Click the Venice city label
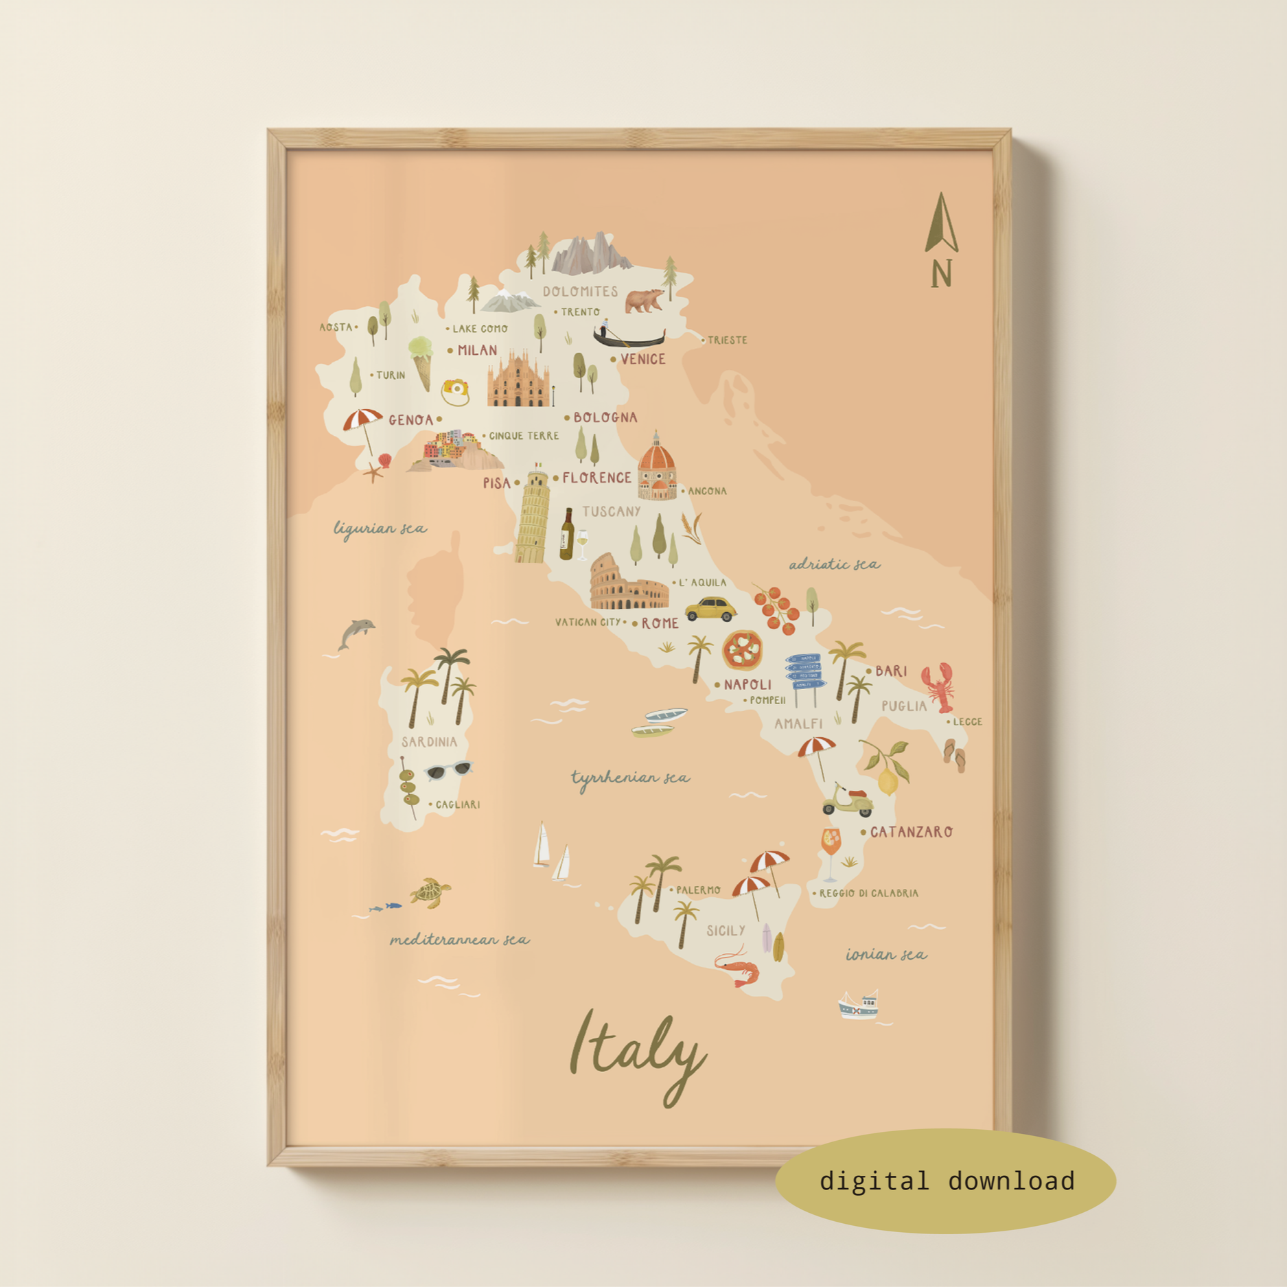pyautogui.click(x=642, y=359)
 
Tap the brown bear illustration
pyautogui.click(x=644, y=300)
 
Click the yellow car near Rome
pyautogui.click(x=710, y=609)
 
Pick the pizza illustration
pyautogui.click(x=742, y=649)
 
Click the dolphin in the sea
pyautogui.click(x=356, y=633)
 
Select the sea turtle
pyautogui.click(x=430, y=892)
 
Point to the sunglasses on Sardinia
pyautogui.click(x=450, y=770)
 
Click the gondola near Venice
pyautogui.click(x=628, y=336)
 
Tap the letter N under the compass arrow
pyautogui.click(x=942, y=274)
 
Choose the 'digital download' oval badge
pyautogui.click(x=945, y=1181)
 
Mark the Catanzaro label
pyautogui.click(x=911, y=832)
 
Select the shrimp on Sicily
pyautogui.click(x=738, y=968)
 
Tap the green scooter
pyautogui.click(x=848, y=801)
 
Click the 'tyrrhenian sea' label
pyautogui.click(x=630, y=778)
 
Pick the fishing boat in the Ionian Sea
pyautogui.click(x=858, y=1005)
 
